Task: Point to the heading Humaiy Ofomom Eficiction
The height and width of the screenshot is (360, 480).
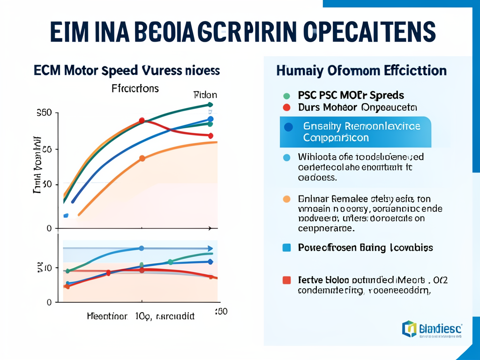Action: click(361, 71)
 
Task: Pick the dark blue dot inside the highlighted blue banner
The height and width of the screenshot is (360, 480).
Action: click(288, 127)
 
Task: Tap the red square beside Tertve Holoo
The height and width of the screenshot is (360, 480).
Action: click(287, 280)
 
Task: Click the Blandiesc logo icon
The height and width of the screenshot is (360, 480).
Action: click(409, 329)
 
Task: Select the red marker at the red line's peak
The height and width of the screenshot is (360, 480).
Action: click(142, 121)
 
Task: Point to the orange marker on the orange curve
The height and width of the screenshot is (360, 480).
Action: click(142, 158)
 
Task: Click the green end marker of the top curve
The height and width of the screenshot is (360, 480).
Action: click(210, 105)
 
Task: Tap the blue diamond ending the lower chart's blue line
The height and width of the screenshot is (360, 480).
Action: click(210, 262)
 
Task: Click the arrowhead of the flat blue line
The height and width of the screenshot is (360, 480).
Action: click(210, 248)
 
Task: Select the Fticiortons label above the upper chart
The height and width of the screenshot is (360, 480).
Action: click(135, 88)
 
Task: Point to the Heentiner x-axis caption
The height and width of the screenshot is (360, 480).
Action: click(108, 316)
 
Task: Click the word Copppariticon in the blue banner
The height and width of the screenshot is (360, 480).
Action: click(336, 138)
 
